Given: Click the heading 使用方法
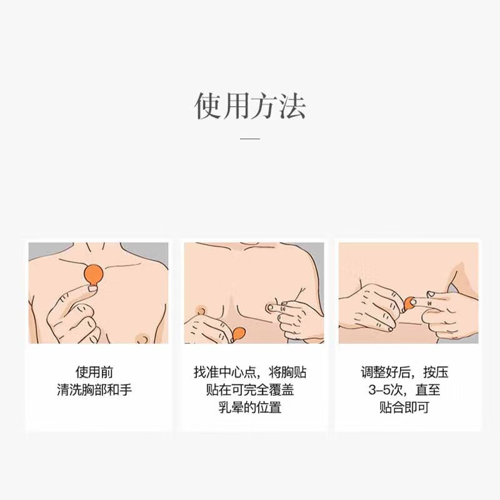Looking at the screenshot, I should [250, 106].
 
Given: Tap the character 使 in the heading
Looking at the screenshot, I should [208, 106].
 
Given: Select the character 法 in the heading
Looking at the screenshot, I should [292, 106].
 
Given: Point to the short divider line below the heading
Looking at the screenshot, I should [250, 138].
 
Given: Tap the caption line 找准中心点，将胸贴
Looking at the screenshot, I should [250, 373].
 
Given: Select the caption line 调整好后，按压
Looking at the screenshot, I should [405, 373].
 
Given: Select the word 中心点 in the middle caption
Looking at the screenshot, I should [241, 373].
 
